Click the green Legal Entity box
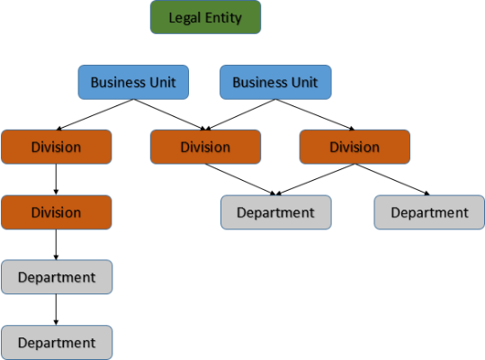205,18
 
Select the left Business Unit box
133,82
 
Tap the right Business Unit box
275,82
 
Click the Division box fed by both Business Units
205,147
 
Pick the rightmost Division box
354,147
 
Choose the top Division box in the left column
56,147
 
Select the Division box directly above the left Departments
56,212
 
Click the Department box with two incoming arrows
275,212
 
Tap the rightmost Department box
429,212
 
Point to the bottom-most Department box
56,343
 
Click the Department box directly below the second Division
56,277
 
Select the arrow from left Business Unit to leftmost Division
94,114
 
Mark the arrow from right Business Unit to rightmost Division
315,114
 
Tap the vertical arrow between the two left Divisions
56,180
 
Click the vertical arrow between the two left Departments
56,310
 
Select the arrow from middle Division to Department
238,179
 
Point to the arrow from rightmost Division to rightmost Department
391,179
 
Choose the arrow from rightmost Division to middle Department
315,179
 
